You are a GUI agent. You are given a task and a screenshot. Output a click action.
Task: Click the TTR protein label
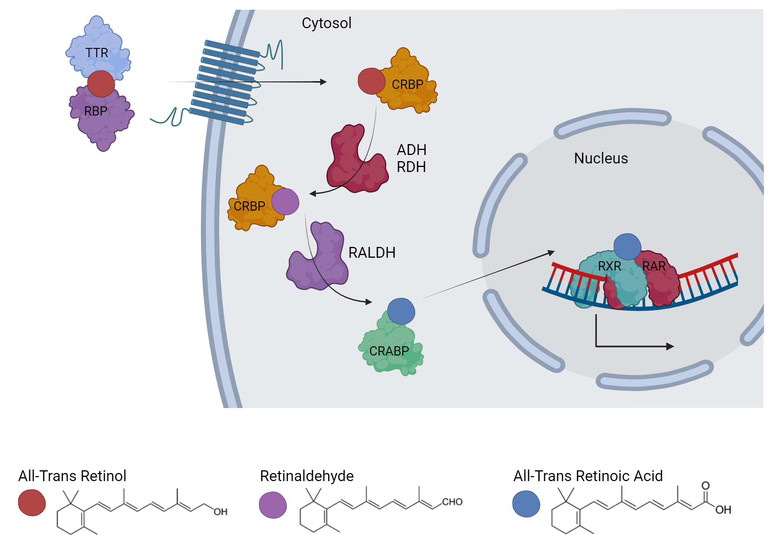tap(97, 53)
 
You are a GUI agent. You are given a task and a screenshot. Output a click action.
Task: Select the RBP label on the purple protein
tap(95, 111)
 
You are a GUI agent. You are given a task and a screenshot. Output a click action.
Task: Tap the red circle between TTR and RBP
tap(101, 84)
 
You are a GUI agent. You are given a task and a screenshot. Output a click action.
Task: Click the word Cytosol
tap(327, 23)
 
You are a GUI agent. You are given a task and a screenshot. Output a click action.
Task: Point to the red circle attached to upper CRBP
tap(371, 81)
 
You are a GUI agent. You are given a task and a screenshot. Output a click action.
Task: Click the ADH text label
tap(412, 150)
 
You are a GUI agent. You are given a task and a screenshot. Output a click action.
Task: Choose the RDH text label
tap(411, 167)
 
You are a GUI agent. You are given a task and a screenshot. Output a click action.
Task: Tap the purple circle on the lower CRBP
tap(285, 202)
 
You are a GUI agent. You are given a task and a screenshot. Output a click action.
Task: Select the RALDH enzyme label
tap(372, 253)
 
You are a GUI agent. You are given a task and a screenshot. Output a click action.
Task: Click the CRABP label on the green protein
tap(389, 351)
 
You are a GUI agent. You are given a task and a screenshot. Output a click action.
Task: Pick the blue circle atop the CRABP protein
tap(401, 311)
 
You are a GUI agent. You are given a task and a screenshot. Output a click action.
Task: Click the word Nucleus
tap(601, 158)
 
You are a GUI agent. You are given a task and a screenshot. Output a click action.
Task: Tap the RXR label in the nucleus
tap(610, 266)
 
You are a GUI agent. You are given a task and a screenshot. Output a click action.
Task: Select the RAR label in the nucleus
tap(654, 266)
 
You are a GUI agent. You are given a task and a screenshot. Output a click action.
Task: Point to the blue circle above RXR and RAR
tap(627, 247)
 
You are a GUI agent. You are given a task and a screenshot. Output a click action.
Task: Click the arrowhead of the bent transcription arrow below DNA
tap(670, 347)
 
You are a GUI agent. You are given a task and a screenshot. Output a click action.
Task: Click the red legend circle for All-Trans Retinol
tap(32, 503)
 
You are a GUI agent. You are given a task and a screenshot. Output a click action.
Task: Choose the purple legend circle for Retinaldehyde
tap(273, 505)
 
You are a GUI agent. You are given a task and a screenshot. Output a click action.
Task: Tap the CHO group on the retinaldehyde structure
tap(452, 502)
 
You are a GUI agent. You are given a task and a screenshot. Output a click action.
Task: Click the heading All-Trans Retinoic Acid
tap(588, 476)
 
